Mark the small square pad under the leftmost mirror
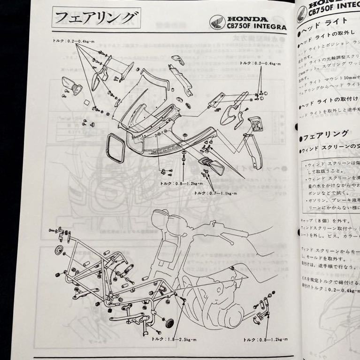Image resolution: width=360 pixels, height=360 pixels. tap(86, 102)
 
